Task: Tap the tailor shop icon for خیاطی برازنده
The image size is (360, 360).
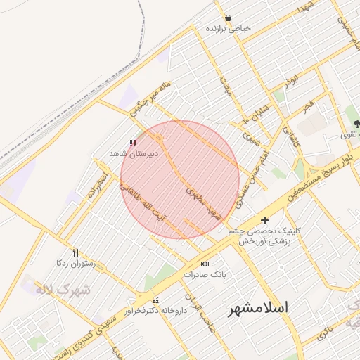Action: click(228, 18)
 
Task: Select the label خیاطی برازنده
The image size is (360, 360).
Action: click(228, 30)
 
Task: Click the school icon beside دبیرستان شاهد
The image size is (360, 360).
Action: click(133, 142)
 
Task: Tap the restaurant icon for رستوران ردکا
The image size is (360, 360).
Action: click(75, 253)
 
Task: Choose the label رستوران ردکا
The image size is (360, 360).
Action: click(75, 263)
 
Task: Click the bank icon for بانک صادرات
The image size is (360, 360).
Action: click(205, 264)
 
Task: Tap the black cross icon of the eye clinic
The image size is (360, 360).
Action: click(264, 220)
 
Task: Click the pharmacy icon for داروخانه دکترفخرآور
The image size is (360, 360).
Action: click(155, 301)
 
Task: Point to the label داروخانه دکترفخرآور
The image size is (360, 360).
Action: click(156, 311)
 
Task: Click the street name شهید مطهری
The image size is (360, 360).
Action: click(204, 202)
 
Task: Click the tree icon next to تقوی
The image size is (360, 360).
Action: click(357, 124)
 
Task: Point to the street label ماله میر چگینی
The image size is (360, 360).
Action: click(151, 98)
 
